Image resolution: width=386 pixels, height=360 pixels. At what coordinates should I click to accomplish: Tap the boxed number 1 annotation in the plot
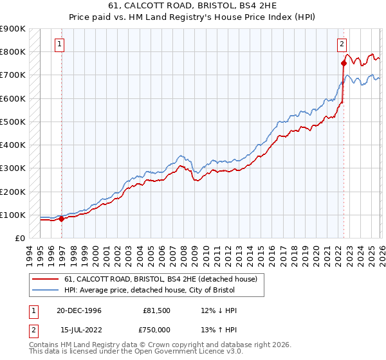point(59,44)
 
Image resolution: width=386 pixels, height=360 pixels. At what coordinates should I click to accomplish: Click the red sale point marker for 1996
point(62,219)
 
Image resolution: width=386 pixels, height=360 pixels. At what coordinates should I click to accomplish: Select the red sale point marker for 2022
point(343,62)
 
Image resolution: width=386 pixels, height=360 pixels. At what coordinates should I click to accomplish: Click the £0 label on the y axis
point(19,239)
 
